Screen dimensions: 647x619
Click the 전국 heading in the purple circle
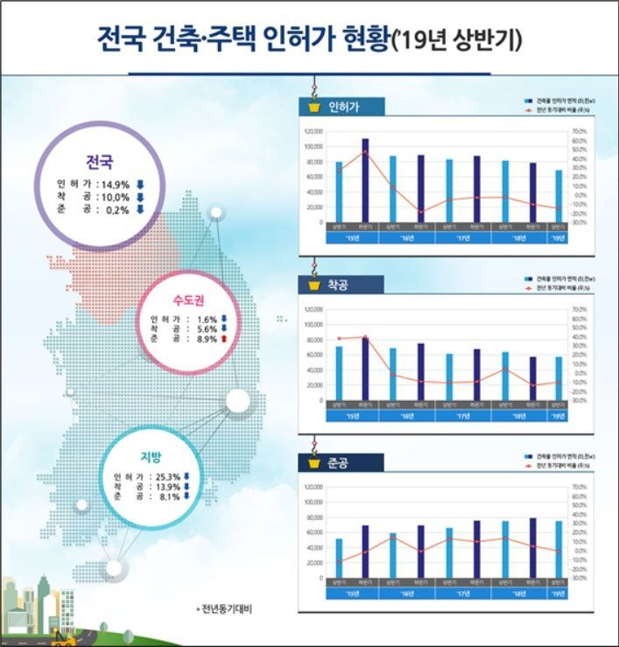[x=99, y=162]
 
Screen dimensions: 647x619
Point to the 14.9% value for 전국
[x=115, y=185]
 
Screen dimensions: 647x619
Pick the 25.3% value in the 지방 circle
[x=165, y=476]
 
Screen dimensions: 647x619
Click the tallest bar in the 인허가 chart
[x=365, y=180]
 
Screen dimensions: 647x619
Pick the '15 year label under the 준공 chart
[x=352, y=593]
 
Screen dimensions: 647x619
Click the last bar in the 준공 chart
[x=559, y=550]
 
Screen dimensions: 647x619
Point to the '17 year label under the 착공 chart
[x=463, y=415]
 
